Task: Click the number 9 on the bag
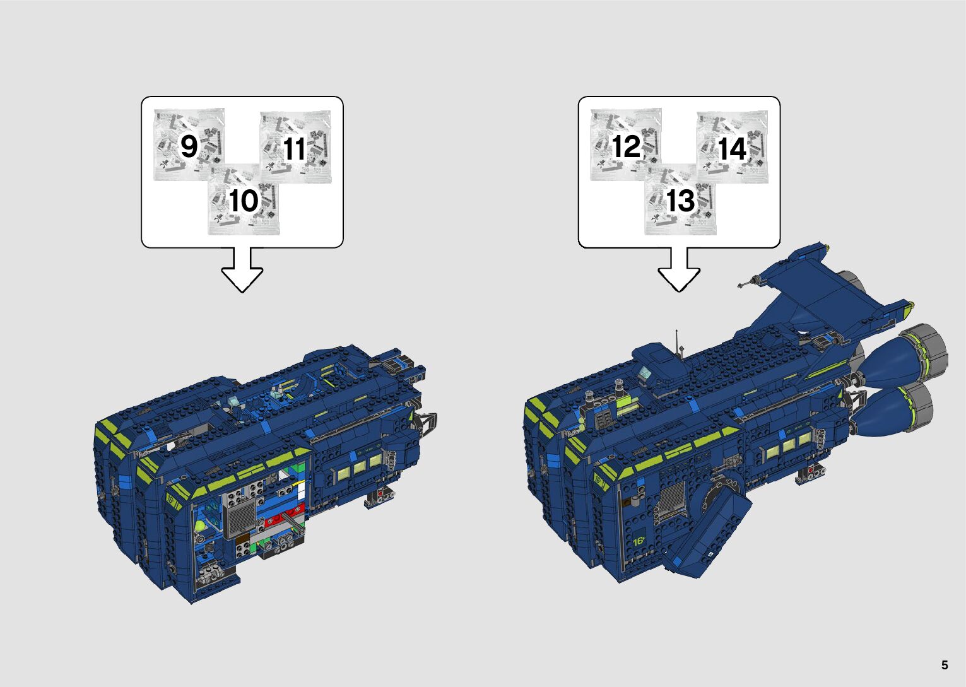pyautogui.click(x=189, y=146)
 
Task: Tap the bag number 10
pyautogui.click(x=244, y=201)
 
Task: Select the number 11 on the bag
pyautogui.click(x=295, y=149)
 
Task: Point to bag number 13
pyautogui.click(x=681, y=201)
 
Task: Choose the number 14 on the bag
pyautogui.click(x=733, y=149)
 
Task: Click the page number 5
pyautogui.click(x=945, y=665)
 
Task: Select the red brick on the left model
pyautogui.click(x=284, y=516)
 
